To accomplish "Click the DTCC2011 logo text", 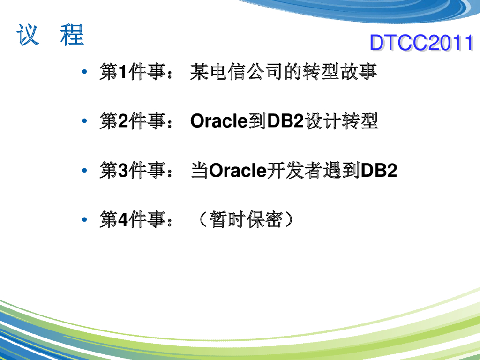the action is coord(421,43).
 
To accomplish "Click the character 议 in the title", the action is coord(28,35).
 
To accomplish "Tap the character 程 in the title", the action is coord(72,35).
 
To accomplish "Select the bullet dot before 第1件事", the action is coord(84,72).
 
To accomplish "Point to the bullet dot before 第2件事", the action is coord(84,121).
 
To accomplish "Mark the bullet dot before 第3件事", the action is coord(84,170).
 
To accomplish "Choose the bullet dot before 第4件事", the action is coord(84,219).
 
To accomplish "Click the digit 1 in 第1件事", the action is coord(122,72).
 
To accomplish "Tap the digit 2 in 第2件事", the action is coord(123,121).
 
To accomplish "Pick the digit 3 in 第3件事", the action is coord(123,170).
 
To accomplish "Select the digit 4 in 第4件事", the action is coord(123,219).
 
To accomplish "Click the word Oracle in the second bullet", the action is coord(219,121).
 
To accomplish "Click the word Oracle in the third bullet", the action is coord(238,170).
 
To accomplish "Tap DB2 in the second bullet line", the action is coord(285,121).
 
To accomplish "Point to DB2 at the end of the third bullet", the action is coord(379,170).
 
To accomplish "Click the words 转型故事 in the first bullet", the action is coord(339,72).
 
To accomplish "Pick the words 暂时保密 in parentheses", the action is coord(246,219).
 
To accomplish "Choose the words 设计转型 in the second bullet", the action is coord(341,121).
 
